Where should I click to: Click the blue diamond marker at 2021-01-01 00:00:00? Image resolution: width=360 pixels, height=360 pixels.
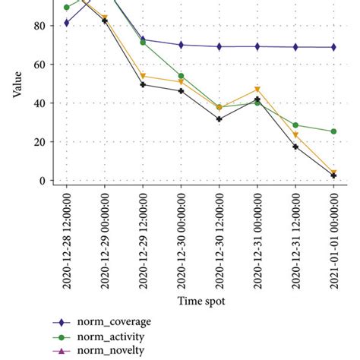pyautogui.click(x=333, y=47)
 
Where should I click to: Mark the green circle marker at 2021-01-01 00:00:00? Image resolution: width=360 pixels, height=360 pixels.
pyautogui.click(x=333, y=131)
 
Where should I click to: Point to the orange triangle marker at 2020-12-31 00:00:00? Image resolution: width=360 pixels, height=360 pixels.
pyautogui.click(x=257, y=90)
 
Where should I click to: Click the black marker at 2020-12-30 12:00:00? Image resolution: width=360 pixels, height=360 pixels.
pyautogui.click(x=219, y=119)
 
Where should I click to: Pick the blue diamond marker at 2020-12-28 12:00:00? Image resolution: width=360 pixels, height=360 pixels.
pyautogui.click(x=67, y=23)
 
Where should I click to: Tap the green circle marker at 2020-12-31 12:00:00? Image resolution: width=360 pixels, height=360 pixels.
pyautogui.click(x=295, y=125)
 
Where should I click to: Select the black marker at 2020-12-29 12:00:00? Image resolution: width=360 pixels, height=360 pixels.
pyautogui.click(x=143, y=84)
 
